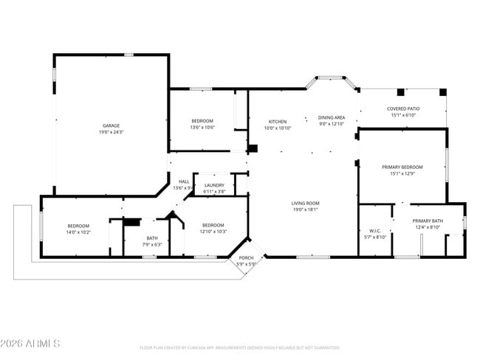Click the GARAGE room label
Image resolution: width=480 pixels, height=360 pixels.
coord(111,125)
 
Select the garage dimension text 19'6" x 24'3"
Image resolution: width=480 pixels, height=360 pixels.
coord(111,132)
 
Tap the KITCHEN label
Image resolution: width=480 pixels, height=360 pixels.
coord(278,121)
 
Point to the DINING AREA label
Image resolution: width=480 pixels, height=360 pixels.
coord(332,117)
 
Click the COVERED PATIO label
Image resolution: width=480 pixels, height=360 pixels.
coord(402,108)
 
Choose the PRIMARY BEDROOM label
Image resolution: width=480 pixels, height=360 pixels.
coord(402,167)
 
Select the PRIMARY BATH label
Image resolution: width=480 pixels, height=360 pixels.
coord(427,221)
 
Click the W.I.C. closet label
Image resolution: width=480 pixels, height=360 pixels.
coord(375,231)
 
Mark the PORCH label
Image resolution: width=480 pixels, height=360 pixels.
coord(246,257)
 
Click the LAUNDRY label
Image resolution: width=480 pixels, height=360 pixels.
coord(214,185)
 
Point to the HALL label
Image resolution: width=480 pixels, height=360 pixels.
coord(183,181)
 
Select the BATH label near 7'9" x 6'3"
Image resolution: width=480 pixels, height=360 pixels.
coord(152,238)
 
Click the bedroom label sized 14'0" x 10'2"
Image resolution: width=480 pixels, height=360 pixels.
coord(78,226)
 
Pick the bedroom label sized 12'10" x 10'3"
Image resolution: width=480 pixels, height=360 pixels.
coord(213,225)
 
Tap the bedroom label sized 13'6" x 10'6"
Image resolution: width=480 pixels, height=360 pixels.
coord(202,121)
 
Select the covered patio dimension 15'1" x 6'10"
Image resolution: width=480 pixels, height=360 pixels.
coord(402,115)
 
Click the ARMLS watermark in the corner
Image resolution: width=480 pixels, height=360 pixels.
coord(31,344)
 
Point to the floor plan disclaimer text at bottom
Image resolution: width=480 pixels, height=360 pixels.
coord(239,347)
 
